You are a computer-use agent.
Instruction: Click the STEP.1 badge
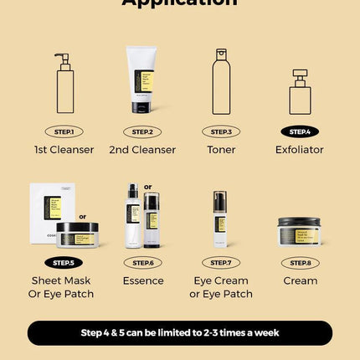[x=64, y=131]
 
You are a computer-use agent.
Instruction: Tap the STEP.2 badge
[x=142, y=131]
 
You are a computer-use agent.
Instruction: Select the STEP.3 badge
[x=221, y=131]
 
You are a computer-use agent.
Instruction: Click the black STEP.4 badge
[x=299, y=131]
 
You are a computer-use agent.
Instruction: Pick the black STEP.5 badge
[x=63, y=262]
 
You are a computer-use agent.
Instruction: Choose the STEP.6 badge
[x=142, y=262]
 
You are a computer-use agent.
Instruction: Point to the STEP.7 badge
[x=221, y=262]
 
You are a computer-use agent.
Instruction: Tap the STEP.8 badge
[x=299, y=262]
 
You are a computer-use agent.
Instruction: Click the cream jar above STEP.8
[x=299, y=231]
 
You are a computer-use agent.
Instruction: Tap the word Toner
[x=221, y=150]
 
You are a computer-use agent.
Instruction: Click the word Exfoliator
[x=299, y=150]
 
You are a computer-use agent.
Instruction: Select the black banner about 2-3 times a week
[x=180, y=332]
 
